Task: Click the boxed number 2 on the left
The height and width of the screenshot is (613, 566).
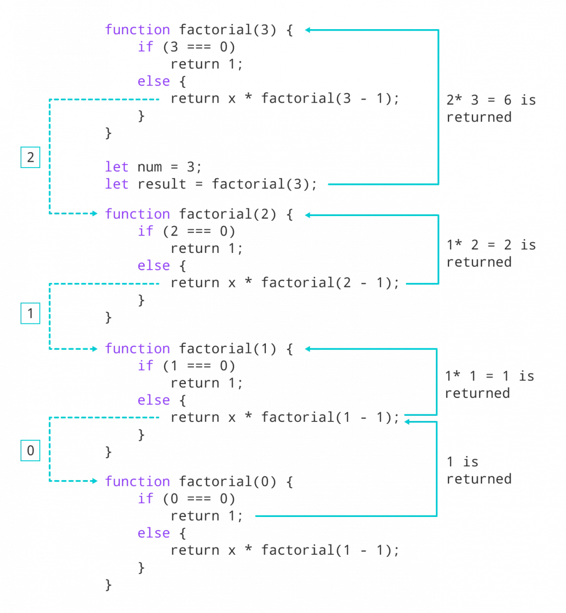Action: (x=30, y=158)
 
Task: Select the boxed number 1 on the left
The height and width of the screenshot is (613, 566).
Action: (x=30, y=313)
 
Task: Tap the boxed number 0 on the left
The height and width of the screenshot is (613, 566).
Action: (x=30, y=451)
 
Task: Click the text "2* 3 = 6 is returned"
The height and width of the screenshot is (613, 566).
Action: (x=490, y=108)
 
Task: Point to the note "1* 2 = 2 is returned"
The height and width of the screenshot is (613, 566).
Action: (x=490, y=253)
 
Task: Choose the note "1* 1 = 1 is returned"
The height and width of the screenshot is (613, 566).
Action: (x=489, y=385)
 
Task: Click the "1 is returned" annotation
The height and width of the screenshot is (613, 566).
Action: (x=479, y=470)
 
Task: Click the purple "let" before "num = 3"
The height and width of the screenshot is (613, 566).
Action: (x=116, y=167)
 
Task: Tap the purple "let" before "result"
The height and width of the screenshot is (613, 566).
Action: (x=116, y=184)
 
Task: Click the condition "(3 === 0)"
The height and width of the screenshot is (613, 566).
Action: (x=199, y=47)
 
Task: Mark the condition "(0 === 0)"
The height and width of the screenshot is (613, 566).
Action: (x=199, y=499)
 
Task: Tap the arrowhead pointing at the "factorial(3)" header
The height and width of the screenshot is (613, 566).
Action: (x=308, y=30)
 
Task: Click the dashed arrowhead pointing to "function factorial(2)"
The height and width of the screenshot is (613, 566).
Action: (x=94, y=214)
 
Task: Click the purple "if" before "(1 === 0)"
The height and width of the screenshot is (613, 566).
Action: (x=145, y=366)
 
